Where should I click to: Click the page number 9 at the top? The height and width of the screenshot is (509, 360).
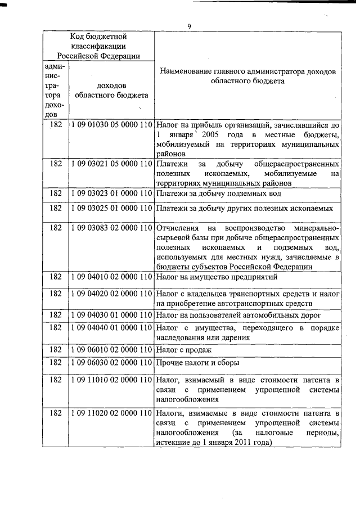[190, 26]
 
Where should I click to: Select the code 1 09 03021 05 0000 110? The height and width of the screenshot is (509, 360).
[112, 164]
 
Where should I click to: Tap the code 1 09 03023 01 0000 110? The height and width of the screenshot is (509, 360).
[112, 193]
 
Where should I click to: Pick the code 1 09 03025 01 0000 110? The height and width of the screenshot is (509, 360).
[112, 208]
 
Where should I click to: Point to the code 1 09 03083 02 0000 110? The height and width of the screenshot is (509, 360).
[112, 228]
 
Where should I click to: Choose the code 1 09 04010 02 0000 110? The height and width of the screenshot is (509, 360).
[112, 277]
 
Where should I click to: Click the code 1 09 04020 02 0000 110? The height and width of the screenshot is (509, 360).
[112, 294]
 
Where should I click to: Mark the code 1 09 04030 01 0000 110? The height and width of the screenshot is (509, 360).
[112, 314]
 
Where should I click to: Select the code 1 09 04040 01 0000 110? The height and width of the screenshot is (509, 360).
[112, 327]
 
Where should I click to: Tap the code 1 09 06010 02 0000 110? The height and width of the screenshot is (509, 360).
[112, 350]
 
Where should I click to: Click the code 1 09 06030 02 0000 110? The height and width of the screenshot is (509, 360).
[112, 363]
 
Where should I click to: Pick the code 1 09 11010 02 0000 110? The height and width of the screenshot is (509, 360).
[112, 380]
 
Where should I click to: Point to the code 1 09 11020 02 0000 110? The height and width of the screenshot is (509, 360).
[112, 413]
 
